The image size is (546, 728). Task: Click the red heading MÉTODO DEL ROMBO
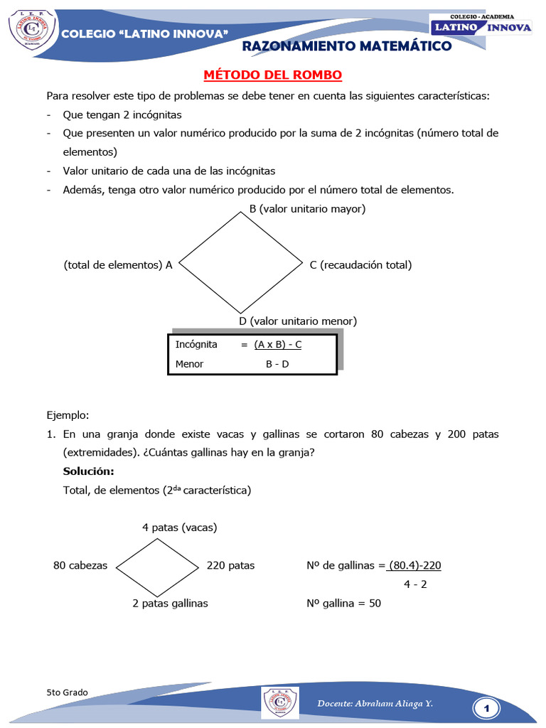[273, 75]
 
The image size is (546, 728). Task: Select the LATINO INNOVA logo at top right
[482, 27]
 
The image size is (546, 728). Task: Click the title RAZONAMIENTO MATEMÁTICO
[347, 46]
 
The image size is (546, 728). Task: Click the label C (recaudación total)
[360, 264]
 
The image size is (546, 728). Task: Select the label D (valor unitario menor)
[298, 321]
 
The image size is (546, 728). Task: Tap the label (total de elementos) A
[118, 264]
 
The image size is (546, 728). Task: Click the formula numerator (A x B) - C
[278, 345]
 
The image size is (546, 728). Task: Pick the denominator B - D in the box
[277, 364]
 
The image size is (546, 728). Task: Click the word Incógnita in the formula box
[196, 344]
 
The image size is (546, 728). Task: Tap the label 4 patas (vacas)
[179, 528]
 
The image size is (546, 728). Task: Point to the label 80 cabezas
[80, 565]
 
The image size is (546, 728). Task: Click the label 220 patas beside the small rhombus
[230, 565]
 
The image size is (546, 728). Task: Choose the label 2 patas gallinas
[170, 603]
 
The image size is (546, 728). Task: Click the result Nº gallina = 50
[343, 603]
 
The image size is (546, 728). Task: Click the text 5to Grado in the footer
[67, 692]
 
